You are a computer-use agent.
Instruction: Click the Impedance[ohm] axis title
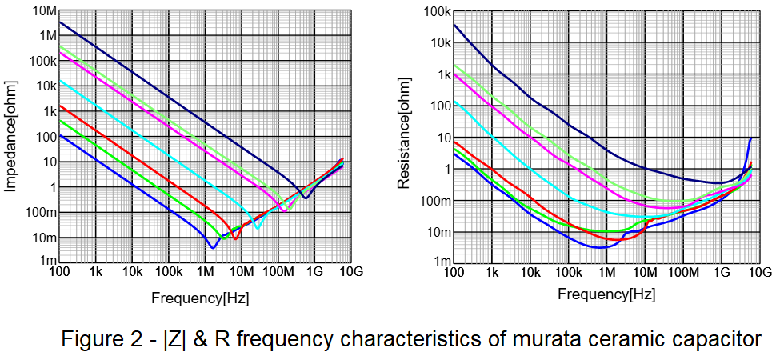tap(11, 135)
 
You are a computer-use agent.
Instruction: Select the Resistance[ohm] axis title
tap(405, 136)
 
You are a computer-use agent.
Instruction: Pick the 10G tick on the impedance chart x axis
tap(351, 274)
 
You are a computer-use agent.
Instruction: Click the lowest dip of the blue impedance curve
tap(212, 247)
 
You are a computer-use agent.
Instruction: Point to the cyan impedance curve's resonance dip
tap(257, 229)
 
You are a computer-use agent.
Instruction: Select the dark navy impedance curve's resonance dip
tap(306, 197)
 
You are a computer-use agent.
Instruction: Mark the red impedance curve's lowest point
tap(234, 238)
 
